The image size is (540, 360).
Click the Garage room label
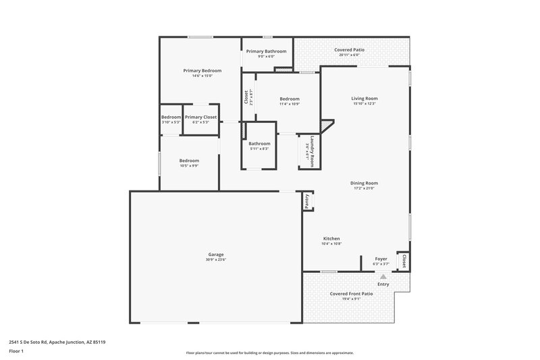(216, 255)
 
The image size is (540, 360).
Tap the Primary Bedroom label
(202, 70)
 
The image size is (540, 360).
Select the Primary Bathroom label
(266, 51)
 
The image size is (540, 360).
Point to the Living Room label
(364, 98)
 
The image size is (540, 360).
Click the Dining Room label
(364, 183)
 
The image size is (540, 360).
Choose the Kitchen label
(331, 238)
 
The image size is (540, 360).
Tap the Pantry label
(307, 200)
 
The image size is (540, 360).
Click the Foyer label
(381, 259)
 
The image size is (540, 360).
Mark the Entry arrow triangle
(383, 276)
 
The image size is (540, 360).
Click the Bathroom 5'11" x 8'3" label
(259, 144)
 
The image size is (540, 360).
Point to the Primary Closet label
(200, 117)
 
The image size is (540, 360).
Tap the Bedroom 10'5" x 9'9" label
(189, 160)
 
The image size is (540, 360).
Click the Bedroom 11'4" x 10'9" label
(290, 99)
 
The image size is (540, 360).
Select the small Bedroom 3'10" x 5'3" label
(171, 117)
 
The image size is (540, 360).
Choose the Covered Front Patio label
(351, 294)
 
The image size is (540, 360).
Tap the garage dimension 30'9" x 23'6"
(216, 260)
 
